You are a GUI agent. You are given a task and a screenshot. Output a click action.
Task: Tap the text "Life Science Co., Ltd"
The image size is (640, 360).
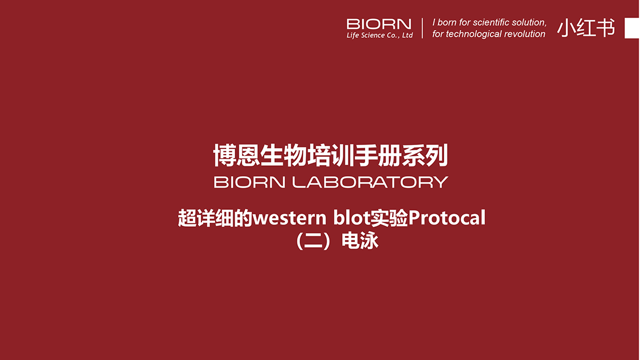[x=380, y=35]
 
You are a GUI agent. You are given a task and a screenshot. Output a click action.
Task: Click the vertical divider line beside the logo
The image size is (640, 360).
[x=422, y=28]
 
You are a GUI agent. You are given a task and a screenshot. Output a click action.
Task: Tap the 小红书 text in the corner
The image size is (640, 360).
[x=586, y=28]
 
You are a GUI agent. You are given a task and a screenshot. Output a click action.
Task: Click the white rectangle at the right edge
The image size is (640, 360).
[x=632, y=28]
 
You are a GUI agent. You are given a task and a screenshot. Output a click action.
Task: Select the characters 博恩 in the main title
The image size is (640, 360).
[x=236, y=155]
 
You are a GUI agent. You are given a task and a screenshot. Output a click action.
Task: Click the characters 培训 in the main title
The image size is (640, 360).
[x=330, y=155]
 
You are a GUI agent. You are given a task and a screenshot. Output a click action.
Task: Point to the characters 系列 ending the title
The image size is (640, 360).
[x=425, y=155]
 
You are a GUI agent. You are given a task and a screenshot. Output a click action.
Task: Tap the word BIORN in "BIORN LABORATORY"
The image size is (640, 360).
[x=249, y=182]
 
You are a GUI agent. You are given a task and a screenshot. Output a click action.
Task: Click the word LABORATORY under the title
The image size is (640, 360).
[x=370, y=182]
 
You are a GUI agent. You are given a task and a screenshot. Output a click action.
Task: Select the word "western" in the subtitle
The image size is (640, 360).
[x=290, y=218]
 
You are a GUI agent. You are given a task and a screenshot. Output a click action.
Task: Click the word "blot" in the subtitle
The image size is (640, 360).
[x=352, y=218]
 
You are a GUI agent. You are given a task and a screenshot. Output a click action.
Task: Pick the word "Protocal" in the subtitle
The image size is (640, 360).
[x=446, y=218]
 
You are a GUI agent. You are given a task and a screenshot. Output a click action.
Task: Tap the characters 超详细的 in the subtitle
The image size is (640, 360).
[x=215, y=218]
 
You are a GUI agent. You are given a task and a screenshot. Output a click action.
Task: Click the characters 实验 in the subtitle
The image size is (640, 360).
[x=389, y=218]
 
